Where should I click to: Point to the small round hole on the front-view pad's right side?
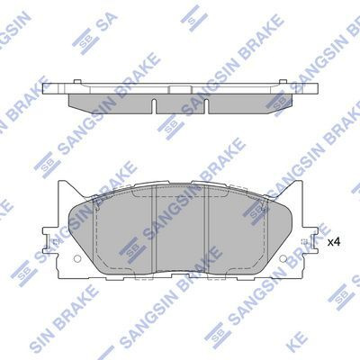305,242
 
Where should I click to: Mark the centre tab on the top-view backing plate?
181,87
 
